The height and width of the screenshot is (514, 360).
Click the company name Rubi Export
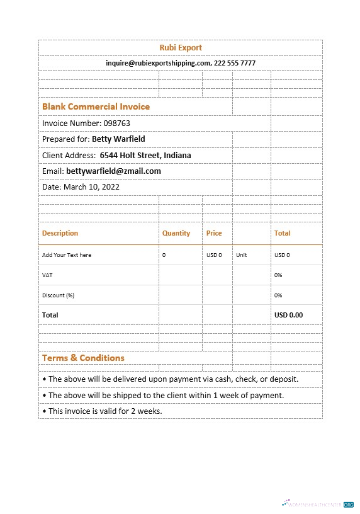[181, 48]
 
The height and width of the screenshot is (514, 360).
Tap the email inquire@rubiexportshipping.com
[158, 63]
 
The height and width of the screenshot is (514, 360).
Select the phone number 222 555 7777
[235, 63]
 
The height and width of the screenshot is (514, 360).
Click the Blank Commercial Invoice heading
[96, 106]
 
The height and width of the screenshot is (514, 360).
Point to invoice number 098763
[117, 123]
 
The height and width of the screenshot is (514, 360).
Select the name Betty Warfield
[118, 139]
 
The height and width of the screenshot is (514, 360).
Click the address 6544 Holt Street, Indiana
[145, 155]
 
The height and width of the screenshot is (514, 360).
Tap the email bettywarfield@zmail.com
[113, 171]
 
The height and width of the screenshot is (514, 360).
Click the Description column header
[60, 233]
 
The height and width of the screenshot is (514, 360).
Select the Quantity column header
[176, 233]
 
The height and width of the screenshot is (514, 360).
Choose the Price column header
[214, 233]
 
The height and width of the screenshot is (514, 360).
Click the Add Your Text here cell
[67, 255]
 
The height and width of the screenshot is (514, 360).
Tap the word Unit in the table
[242, 255]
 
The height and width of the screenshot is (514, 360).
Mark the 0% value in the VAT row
[278, 275]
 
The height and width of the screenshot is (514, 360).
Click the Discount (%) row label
[58, 295]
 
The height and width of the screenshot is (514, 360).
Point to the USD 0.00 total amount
[288, 315]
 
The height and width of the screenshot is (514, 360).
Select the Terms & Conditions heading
[83, 358]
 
